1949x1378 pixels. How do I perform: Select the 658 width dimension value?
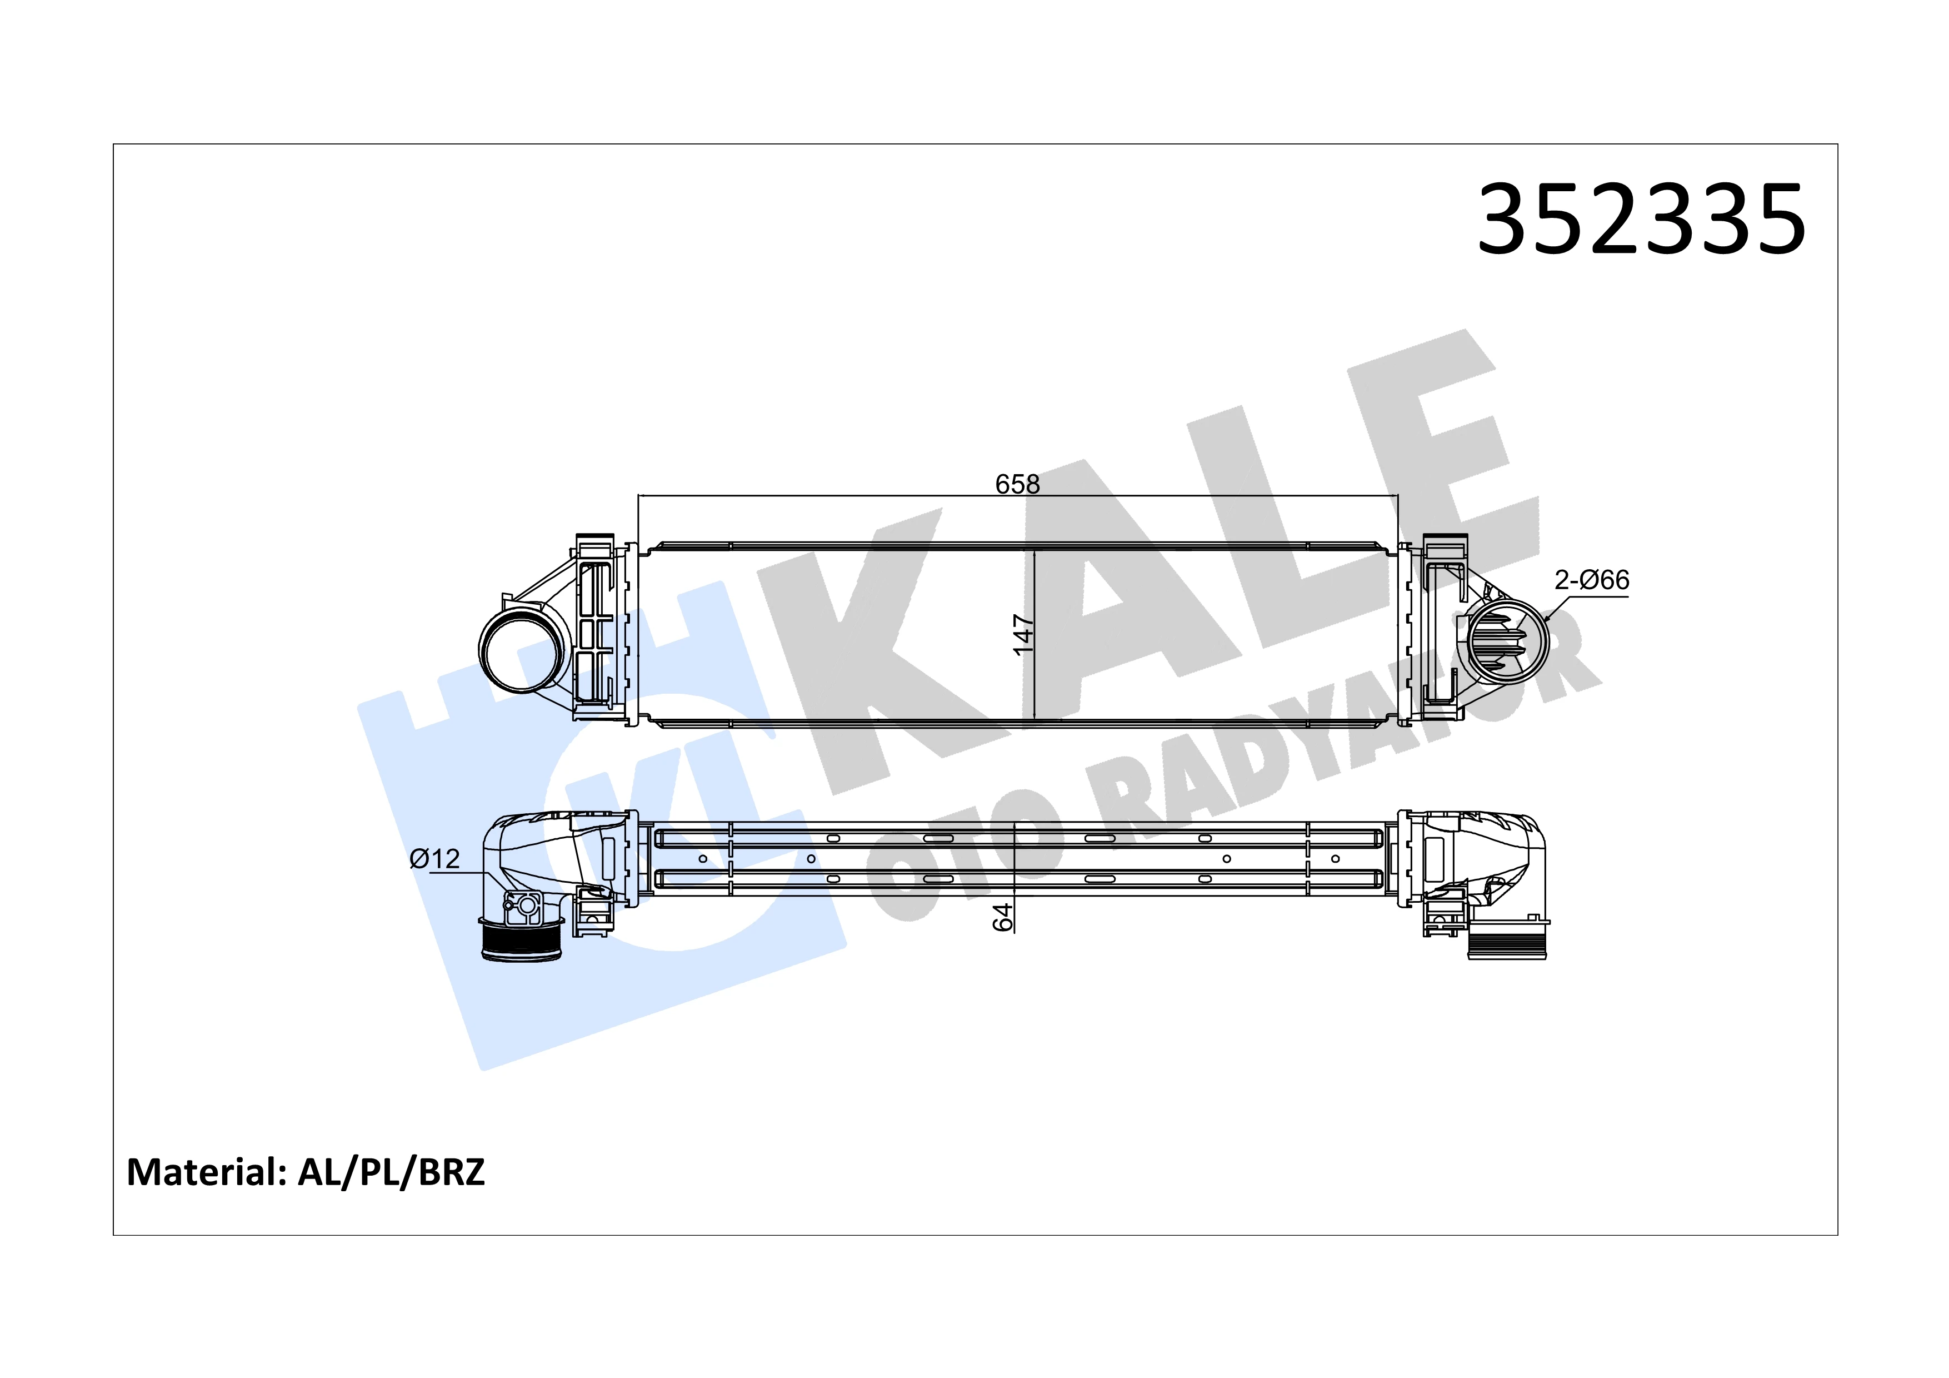tap(1017, 484)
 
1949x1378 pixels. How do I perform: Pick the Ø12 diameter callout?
tap(434, 859)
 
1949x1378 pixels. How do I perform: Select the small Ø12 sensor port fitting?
tap(524, 906)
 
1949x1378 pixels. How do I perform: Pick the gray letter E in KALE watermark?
tap(1435, 475)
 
